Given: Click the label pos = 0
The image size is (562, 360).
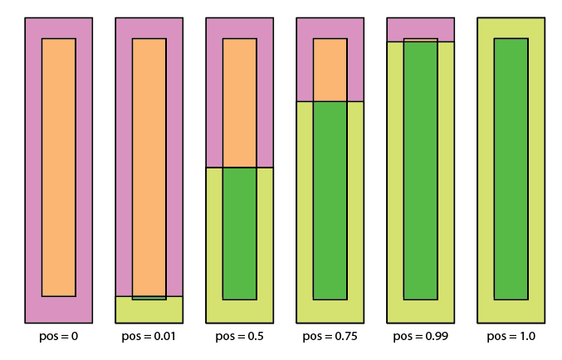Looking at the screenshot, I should click(58, 337).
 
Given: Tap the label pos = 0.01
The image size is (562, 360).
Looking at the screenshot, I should click(149, 337).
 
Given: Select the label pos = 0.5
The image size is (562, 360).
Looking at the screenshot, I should click(239, 337).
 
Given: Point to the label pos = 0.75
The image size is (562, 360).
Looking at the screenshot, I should click(330, 337).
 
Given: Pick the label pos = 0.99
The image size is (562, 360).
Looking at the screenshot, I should click(420, 337).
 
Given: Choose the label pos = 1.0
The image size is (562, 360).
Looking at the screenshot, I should click(511, 337).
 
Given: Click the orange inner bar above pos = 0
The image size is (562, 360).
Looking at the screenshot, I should click(58, 166).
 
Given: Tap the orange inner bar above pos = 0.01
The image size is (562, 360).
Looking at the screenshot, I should click(149, 166).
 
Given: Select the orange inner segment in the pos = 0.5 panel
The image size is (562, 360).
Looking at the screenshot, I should click(239, 103).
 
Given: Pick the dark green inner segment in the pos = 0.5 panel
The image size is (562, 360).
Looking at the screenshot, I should click(239, 233).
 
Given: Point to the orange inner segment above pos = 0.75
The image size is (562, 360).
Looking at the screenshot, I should click(330, 70).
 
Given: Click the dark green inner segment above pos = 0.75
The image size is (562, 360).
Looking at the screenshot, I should click(330, 199).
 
